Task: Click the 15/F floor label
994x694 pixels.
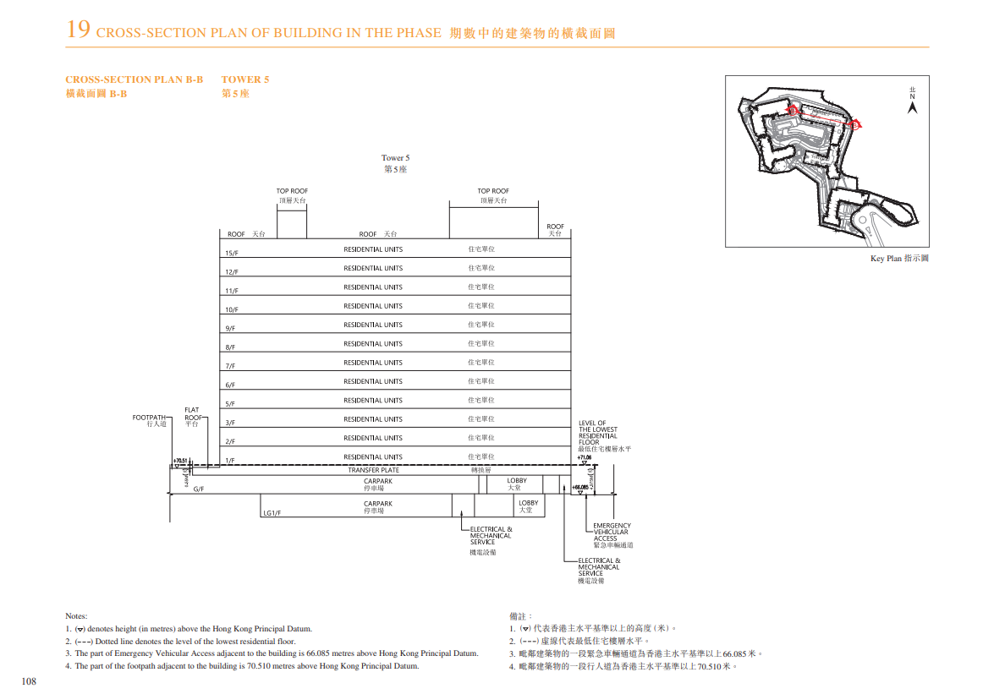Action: (x=231, y=253)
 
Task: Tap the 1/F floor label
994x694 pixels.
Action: (x=229, y=461)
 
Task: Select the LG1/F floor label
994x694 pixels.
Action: (x=272, y=512)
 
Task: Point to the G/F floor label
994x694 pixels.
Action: (x=199, y=489)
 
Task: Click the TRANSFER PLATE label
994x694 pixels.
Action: (x=373, y=470)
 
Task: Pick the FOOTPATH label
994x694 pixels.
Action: (x=149, y=418)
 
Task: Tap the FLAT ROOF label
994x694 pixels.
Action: (x=193, y=414)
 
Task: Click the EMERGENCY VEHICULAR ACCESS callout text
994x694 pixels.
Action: (x=612, y=533)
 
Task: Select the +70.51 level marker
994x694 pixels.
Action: (x=179, y=462)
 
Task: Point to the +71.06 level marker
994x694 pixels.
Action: (x=585, y=457)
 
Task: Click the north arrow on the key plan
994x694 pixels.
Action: (x=912, y=107)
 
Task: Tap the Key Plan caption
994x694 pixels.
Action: (x=899, y=259)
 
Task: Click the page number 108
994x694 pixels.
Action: (x=29, y=680)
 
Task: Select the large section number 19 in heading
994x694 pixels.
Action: (x=78, y=30)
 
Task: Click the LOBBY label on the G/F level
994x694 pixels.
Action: (x=516, y=481)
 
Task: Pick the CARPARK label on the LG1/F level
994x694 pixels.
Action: (x=378, y=504)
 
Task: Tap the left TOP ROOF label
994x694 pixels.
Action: (x=292, y=191)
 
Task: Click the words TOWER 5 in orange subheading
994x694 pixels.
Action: (x=245, y=79)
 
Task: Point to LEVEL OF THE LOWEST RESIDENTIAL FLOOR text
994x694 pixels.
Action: (x=598, y=432)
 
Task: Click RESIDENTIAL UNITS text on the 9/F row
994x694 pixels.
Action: (x=373, y=325)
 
